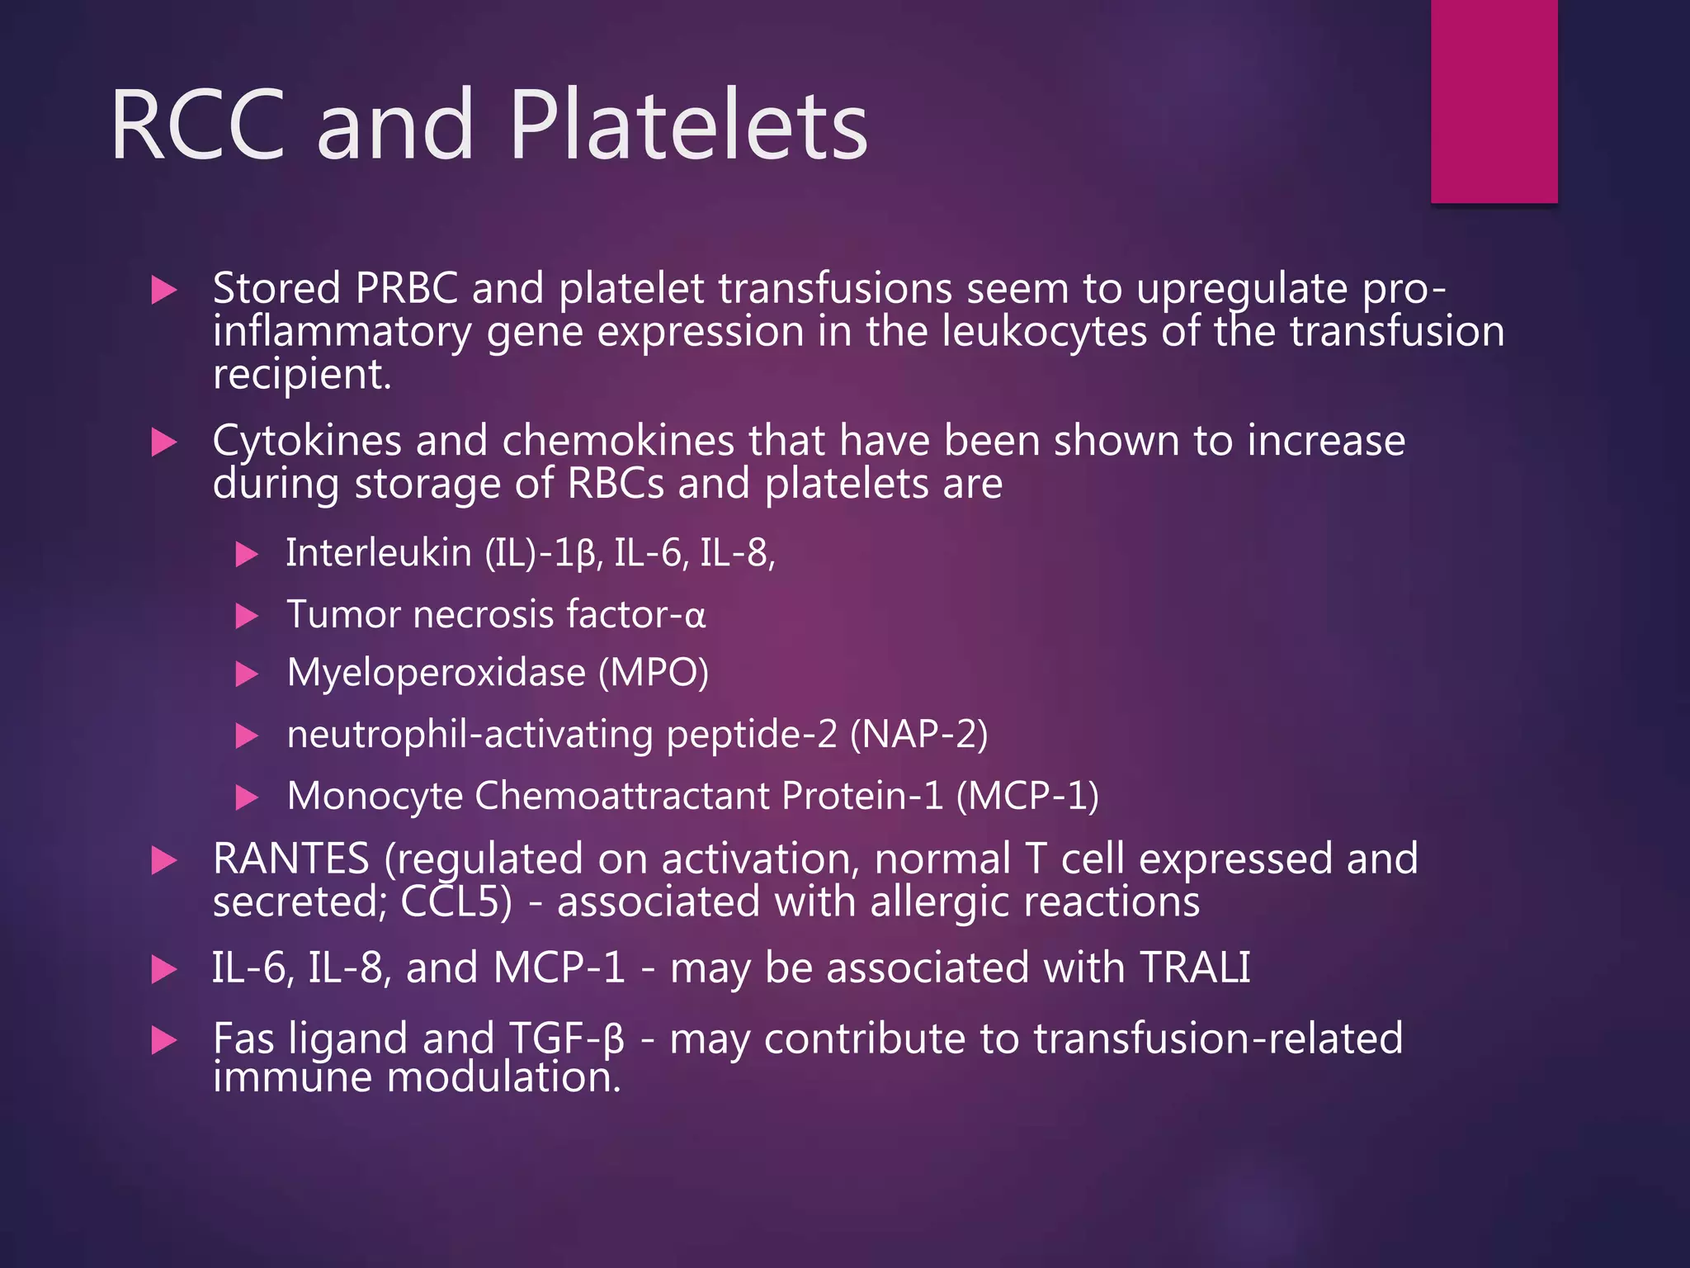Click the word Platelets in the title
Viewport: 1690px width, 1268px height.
pyautogui.click(x=687, y=125)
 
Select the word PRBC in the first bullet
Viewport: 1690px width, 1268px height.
pyautogui.click(x=406, y=289)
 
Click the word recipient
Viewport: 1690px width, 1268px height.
pyautogui.click(x=301, y=376)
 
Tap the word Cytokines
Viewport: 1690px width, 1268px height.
pyautogui.click(x=306, y=441)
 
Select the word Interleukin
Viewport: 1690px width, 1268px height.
pyautogui.click(x=378, y=552)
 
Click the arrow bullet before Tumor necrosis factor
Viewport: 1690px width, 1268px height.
pyautogui.click(x=247, y=616)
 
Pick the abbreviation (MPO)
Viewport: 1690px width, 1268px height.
pyautogui.click(x=653, y=673)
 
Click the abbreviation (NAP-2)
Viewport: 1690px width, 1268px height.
pyautogui.click(x=918, y=734)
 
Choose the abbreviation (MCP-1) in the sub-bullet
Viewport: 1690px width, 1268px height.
pyautogui.click(x=1027, y=796)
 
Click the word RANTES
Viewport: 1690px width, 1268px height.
pyautogui.click(x=290, y=859)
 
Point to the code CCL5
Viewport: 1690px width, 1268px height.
pyautogui.click(x=450, y=901)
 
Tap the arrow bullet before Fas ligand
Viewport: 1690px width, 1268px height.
pyautogui.click(x=165, y=1040)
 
